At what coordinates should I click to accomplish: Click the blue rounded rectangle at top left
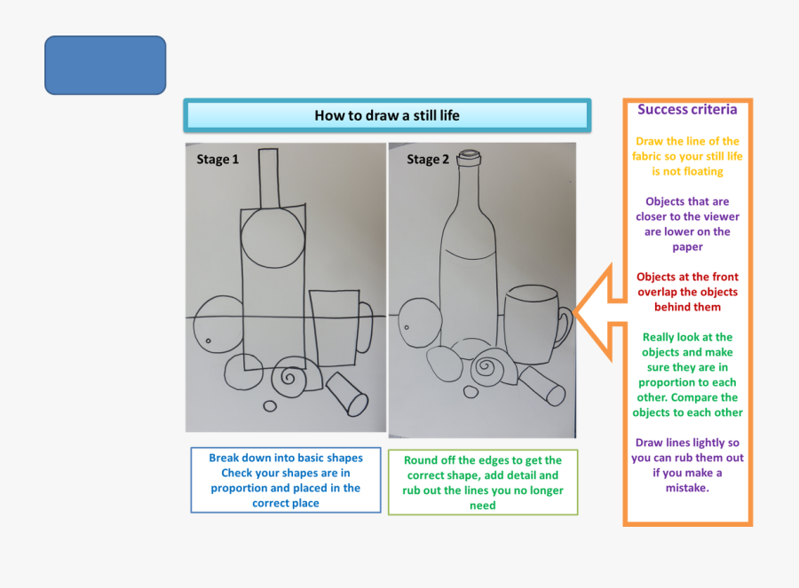[105, 65]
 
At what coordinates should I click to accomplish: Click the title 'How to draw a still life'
[387, 115]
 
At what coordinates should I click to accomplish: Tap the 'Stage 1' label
[218, 160]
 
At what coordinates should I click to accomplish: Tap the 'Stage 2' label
[428, 160]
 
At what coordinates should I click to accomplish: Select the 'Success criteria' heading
[687, 110]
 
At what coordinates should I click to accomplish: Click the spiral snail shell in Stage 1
[290, 378]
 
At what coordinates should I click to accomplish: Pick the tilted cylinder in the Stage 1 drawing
[347, 394]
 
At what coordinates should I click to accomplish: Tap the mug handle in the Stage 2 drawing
[564, 327]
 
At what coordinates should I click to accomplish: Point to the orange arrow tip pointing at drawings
[577, 311]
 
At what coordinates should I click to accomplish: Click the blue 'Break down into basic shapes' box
[285, 480]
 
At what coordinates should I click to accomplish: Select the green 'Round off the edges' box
[482, 482]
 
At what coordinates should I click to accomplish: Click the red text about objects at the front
[687, 292]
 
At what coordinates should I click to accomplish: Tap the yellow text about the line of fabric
[687, 156]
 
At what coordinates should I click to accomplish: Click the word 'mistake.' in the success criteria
[687, 488]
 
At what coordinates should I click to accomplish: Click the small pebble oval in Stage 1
[270, 406]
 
